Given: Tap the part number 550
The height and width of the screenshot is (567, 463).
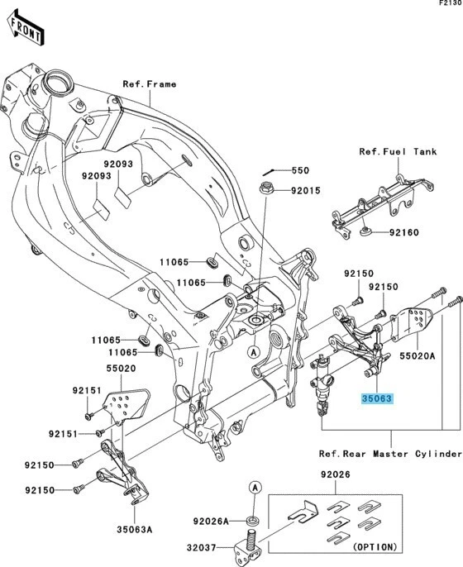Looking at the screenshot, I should coord(298,171).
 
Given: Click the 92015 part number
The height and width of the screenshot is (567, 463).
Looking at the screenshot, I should coord(304,191).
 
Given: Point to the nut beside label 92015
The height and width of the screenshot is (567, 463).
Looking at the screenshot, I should coord(269,188).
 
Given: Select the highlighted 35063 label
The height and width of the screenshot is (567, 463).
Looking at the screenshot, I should coord(377,398).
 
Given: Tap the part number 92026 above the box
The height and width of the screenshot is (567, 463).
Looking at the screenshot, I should coord(337,474).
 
